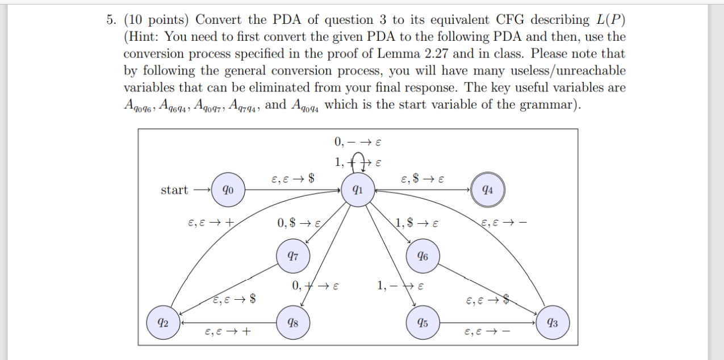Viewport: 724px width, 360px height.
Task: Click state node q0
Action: (227, 190)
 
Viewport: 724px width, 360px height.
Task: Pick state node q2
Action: (162, 323)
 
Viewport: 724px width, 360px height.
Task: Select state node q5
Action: (422, 323)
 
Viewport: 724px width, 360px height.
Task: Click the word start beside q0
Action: (174, 190)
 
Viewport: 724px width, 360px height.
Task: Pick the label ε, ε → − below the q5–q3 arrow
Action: (487, 333)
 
